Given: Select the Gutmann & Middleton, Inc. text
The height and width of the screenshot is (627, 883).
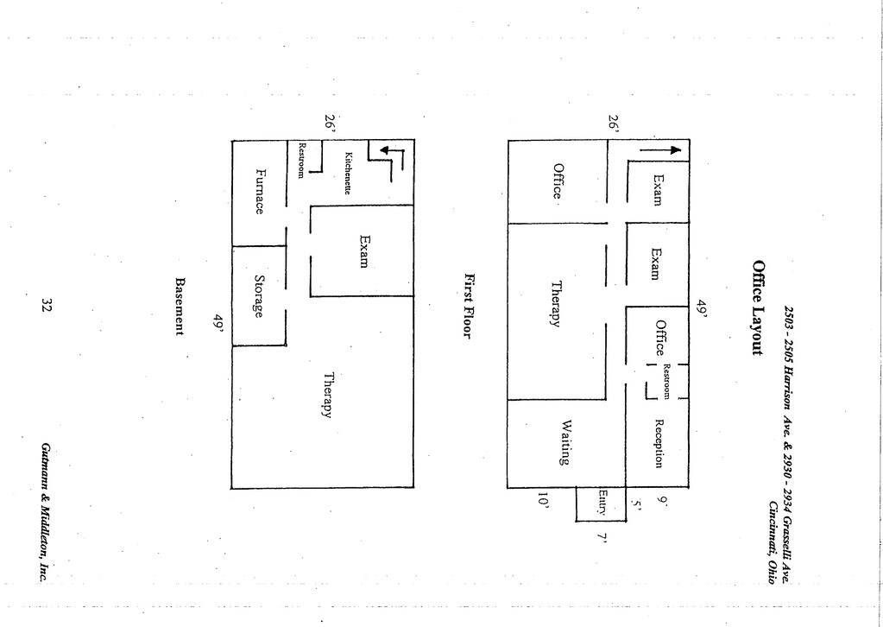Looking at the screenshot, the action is [x=44, y=511].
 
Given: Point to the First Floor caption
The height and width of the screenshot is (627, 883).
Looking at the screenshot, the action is [x=470, y=306].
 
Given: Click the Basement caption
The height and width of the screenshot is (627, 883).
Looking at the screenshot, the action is [x=180, y=306].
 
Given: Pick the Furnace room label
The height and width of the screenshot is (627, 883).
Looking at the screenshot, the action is [x=259, y=191].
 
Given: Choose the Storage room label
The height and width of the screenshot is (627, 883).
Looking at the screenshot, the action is [x=258, y=296].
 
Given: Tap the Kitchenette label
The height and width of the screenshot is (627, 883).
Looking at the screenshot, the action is [x=348, y=173].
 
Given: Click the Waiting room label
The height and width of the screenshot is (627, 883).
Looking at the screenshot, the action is [x=565, y=442].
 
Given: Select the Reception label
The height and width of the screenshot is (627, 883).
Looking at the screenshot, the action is [x=659, y=443].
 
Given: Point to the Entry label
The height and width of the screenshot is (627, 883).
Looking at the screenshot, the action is [x=602, y=503].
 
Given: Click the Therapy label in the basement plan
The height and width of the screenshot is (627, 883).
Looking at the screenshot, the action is [x=327, y=395].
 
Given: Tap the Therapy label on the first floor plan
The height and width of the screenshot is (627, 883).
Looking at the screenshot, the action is [x=557, y=304].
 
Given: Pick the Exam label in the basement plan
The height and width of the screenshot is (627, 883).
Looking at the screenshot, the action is [x=364, y=251].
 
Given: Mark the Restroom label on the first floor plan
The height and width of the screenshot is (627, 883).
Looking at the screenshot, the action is [x=667, y=381].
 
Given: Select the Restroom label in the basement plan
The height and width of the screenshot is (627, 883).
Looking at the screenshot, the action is [x=302, y=160].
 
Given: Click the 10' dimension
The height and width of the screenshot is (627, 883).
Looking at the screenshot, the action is [x=543, y=501].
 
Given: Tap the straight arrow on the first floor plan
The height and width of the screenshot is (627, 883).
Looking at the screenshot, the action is [x=660, y=150].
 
